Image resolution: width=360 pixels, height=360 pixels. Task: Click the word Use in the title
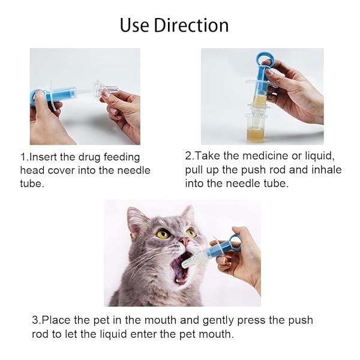[x=135, y=25]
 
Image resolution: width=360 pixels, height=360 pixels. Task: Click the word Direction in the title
[x=191, y=25]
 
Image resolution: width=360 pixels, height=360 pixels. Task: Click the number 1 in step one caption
[x=23, y=157]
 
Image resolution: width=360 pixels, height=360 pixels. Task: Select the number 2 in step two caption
[x=188, y=155]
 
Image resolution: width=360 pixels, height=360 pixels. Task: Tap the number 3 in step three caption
[x=35, y=320]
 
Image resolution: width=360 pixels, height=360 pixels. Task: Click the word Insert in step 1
[x=44, y=157]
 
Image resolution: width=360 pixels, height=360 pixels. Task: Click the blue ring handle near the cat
[x=233, y=242]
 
